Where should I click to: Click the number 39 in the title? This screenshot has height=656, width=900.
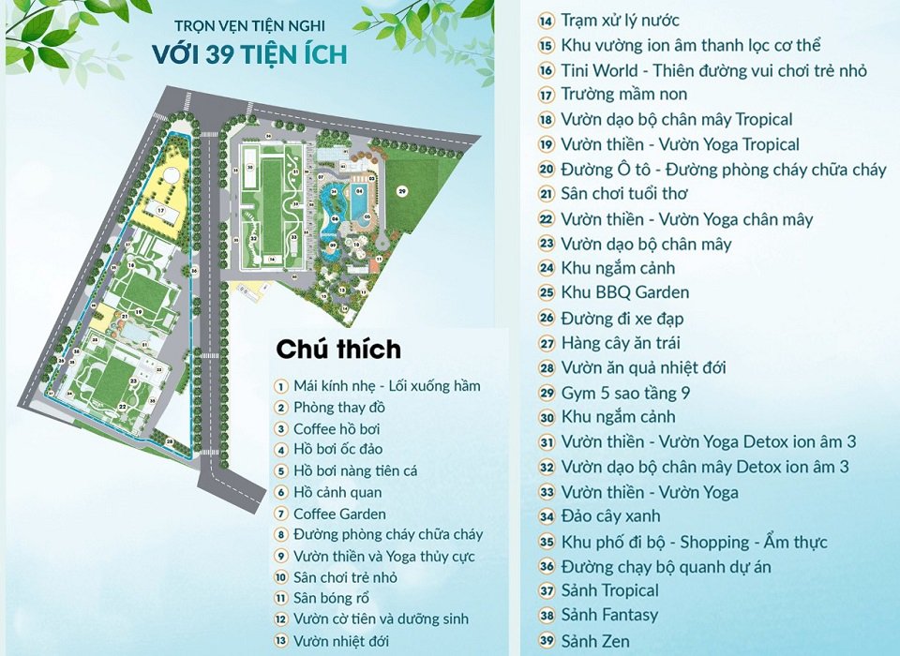tap(223, 53)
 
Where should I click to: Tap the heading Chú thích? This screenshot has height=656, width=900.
tap(337, 350)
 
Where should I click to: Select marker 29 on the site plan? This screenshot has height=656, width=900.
tap(401, 191)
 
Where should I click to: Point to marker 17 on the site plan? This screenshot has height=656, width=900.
tap(161, 212)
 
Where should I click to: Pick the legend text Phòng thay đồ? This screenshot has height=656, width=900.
tap(339, 408)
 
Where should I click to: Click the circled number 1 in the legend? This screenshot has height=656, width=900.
tap(280, 386)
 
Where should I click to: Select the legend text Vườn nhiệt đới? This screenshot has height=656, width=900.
tap(341, 641)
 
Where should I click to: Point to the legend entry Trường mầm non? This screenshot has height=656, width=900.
tap(624, 94)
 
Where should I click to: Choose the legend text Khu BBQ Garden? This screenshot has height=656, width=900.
tap(625, 292)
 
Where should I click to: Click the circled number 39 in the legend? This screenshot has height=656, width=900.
tap(547, 641)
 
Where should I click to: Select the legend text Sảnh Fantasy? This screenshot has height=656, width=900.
tap(609, 616)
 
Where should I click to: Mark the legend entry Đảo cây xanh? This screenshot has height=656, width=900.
tap(610, 515)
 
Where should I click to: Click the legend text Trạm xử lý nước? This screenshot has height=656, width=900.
tap(621, 20)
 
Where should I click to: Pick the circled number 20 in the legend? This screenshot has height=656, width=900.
tap(547, 170)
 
